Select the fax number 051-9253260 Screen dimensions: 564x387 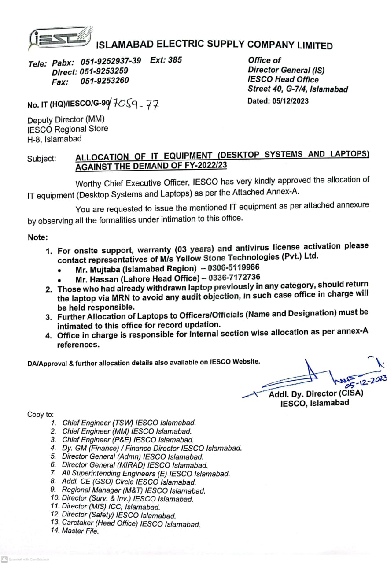point(104,81)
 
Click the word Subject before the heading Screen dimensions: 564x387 point(41,158)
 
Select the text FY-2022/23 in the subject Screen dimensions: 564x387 point(205,166)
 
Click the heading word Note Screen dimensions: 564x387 point(37,237)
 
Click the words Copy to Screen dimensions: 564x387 point(41,414)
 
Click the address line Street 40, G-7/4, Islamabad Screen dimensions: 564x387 point(298,89)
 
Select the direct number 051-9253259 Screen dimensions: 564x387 point(104,71)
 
